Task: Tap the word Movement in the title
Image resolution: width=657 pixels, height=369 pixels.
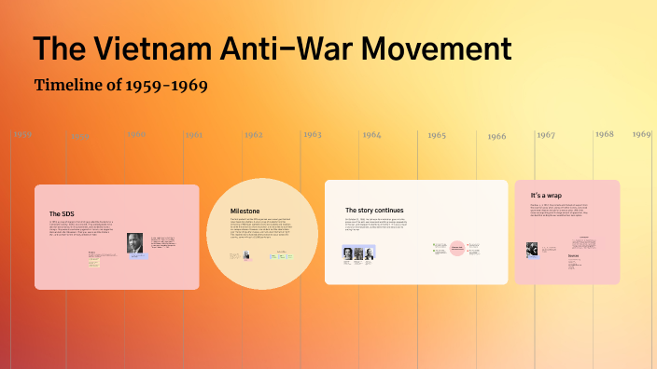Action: point(432,50)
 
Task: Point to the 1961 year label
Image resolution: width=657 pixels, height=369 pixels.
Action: point(193,135)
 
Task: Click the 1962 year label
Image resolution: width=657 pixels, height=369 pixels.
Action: point(254,135)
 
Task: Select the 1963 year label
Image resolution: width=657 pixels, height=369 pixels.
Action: point(312,135)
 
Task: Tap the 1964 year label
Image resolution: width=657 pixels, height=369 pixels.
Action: point(371,135)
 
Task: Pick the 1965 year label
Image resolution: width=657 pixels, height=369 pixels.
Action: point(437,136)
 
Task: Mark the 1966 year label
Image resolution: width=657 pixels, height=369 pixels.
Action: point(496,137)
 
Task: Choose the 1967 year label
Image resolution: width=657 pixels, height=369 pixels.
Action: point(546,135)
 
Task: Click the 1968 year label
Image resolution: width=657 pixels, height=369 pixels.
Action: point(605,134)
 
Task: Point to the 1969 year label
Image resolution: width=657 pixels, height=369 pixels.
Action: point(641,134)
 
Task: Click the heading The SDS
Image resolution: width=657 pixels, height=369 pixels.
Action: point(62,213)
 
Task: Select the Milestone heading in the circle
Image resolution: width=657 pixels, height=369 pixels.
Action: point(245,212)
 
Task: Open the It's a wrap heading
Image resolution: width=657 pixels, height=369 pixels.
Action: point(547,195)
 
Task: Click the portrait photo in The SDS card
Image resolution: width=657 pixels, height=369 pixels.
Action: point(135,243)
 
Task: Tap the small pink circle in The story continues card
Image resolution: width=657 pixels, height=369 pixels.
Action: point(457,249)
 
